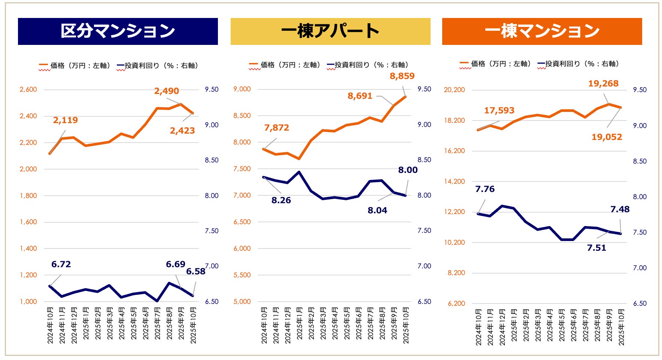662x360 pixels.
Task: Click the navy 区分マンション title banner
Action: (118, 31)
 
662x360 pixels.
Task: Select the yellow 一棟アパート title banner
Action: (330, 31)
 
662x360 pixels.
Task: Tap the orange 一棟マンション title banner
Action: (542, 31)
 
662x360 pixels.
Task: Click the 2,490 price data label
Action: (167, 91)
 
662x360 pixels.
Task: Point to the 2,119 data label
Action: (66, 120)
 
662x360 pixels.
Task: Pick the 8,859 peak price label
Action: (402, 76)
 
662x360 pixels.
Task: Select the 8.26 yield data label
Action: (281, 200)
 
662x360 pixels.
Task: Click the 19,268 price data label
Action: (603, 83)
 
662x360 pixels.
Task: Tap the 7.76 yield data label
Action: (485, 189)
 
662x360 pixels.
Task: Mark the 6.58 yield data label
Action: (196, 271)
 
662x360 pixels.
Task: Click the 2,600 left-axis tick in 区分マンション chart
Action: (28, 89)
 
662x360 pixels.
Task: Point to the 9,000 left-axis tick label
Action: (242, 89)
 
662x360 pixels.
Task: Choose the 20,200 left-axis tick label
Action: (454, 90)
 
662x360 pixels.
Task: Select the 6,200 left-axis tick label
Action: (456, 303)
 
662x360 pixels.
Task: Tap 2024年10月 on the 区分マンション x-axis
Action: (50, 325)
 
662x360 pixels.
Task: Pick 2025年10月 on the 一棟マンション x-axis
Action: (622, 327)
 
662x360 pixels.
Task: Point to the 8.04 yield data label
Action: (377, 210)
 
